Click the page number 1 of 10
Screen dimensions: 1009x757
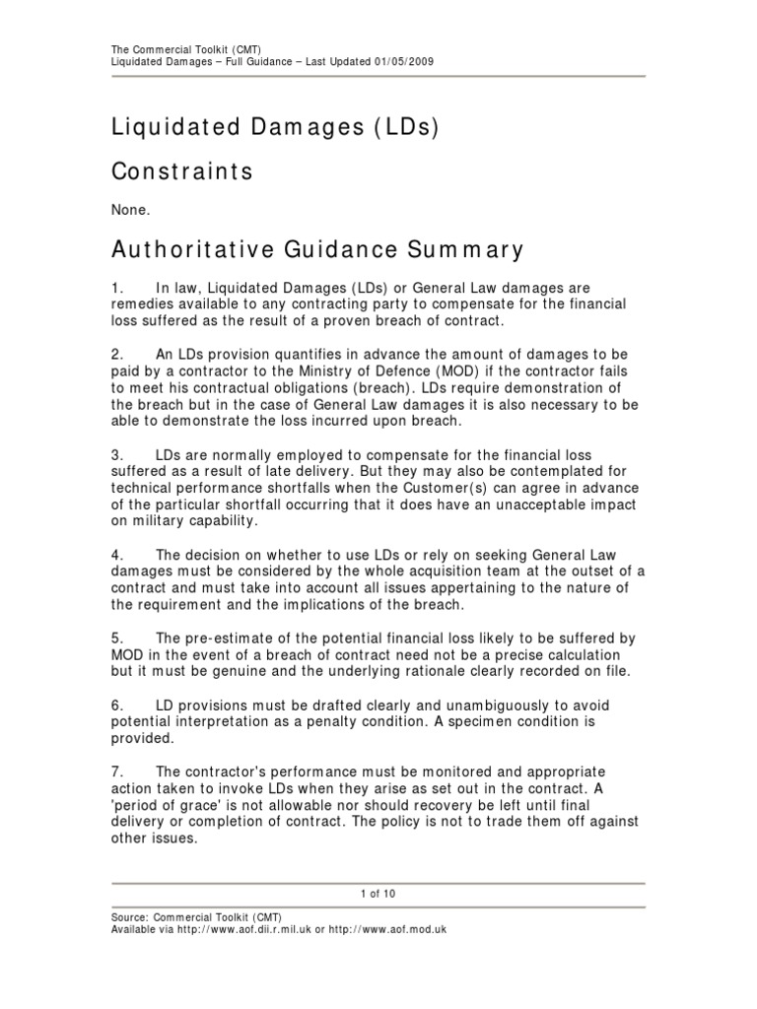[x=378, y=894]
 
